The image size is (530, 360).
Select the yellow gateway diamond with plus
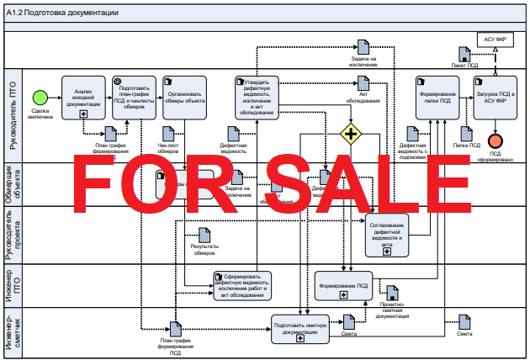350,134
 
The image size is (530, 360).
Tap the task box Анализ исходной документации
82,97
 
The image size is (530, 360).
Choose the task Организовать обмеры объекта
184,97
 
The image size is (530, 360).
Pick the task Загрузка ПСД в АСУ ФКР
495,96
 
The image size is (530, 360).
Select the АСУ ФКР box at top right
495,39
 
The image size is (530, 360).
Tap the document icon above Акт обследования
363,82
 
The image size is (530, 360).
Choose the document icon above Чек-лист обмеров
168,133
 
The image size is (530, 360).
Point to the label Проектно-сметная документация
392,309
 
